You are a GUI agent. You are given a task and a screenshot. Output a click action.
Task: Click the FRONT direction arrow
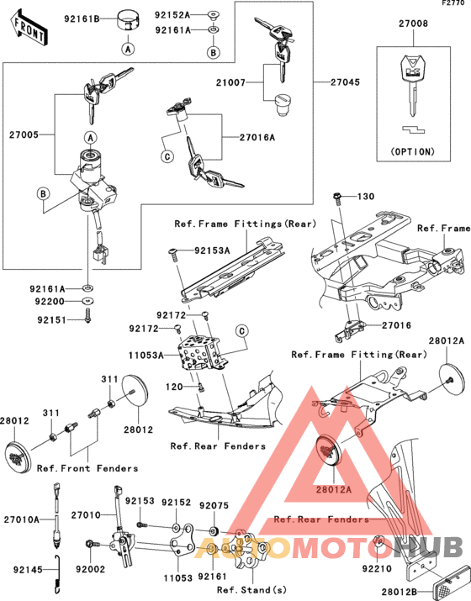(x=29, y=28)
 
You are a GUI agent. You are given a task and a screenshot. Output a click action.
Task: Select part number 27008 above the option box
(x=413, y=24)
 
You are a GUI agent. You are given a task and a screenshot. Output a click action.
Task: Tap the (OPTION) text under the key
(x=413, y=152)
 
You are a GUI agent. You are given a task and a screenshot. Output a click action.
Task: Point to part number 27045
(x=345, y=82)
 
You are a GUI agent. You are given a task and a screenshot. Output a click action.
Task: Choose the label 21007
(x=230, y=82)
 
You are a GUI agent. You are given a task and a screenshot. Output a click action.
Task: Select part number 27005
(x=24, y=135)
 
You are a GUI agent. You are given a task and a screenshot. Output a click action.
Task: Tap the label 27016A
(x=257, y=137)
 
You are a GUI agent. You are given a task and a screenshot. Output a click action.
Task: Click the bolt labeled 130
(x=338, y=198)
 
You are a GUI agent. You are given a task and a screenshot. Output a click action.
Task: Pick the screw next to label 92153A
(x=173, y=254)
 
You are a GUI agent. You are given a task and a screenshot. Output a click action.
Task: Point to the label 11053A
(x=146, y=356)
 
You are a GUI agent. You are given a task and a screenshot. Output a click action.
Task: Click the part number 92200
(x=50, y=302)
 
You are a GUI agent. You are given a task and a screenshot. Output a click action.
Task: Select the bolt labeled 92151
(x=87, y=317)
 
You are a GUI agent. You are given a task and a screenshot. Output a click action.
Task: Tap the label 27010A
(x=22, y=519)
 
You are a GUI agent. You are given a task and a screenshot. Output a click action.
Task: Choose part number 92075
(x=214, y=505)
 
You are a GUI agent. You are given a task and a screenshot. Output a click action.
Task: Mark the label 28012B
(x=399, y=593)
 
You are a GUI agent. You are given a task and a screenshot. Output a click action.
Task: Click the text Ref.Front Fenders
(x=87, y=468)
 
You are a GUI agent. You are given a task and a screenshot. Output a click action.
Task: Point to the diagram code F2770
(x=453, y=3)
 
